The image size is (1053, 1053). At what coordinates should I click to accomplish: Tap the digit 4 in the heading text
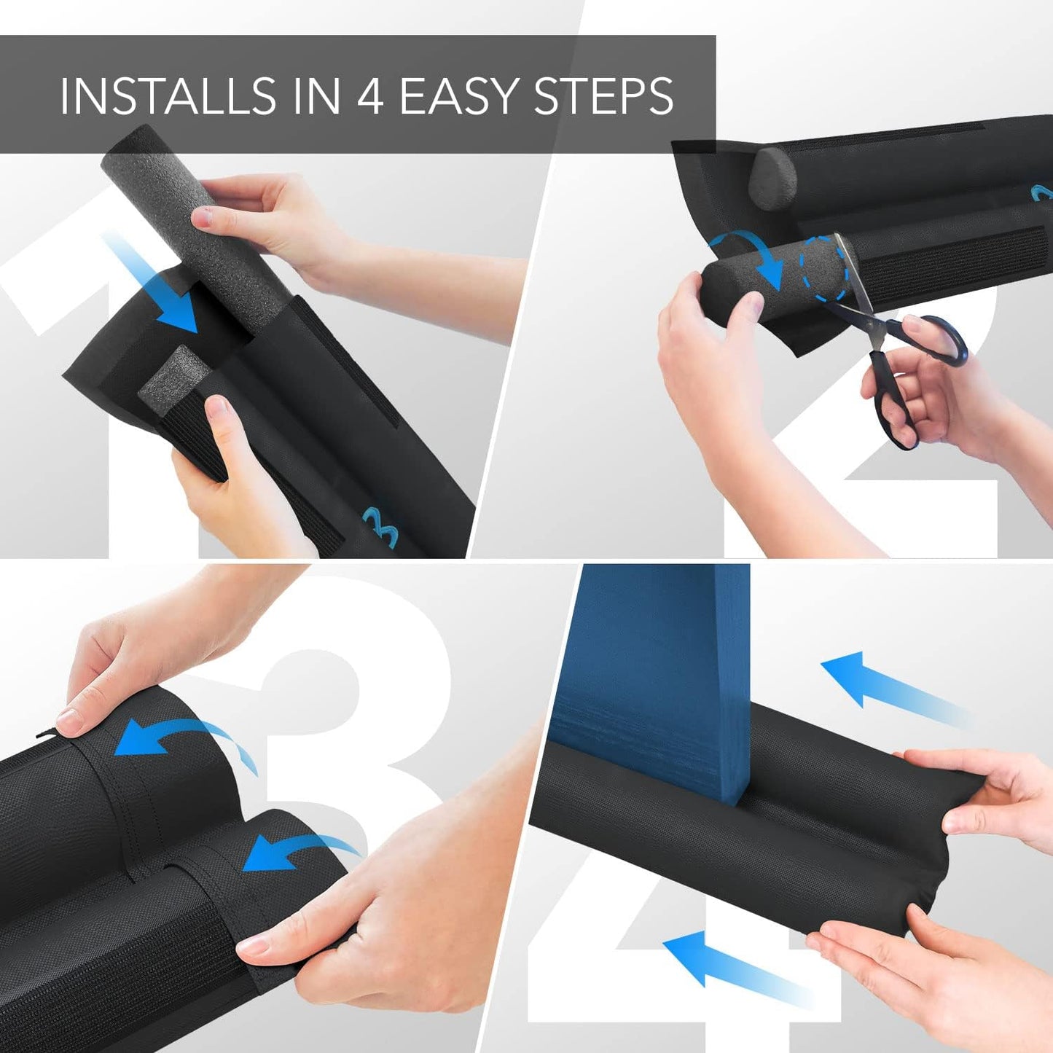point(370,95)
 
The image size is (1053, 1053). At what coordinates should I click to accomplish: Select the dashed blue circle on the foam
point(825,268)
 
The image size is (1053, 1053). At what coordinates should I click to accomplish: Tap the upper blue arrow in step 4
point(889,685)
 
